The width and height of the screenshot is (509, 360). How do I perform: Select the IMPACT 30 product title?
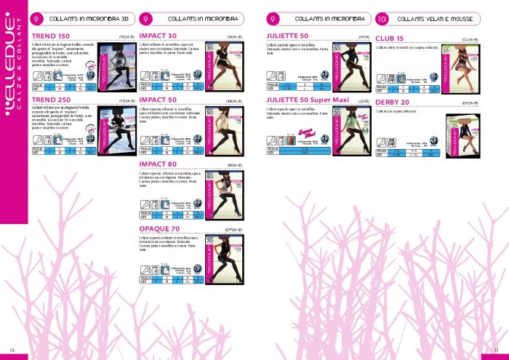pyautogui.click(x=158, y=36)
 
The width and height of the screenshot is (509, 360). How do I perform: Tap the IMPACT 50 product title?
pyautogui.click(x=158, y=98)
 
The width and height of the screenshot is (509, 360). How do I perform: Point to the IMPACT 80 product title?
pyautogui.click(x=158, y=165)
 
